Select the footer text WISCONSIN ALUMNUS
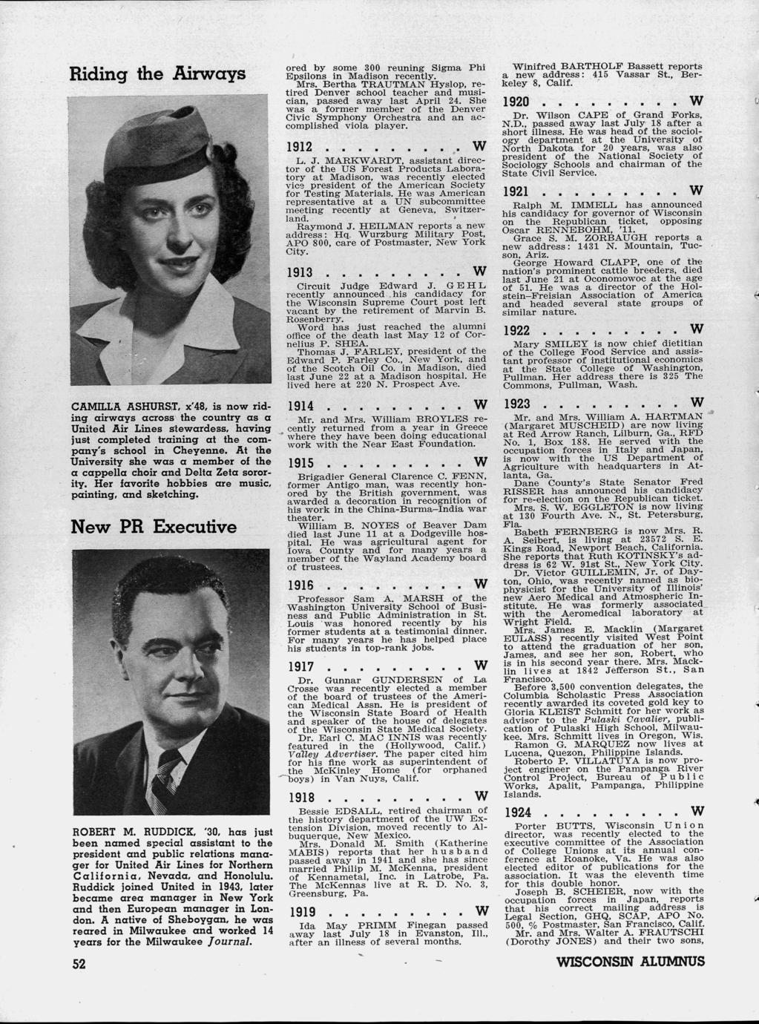pyautogui.click(x=629, y=963)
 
